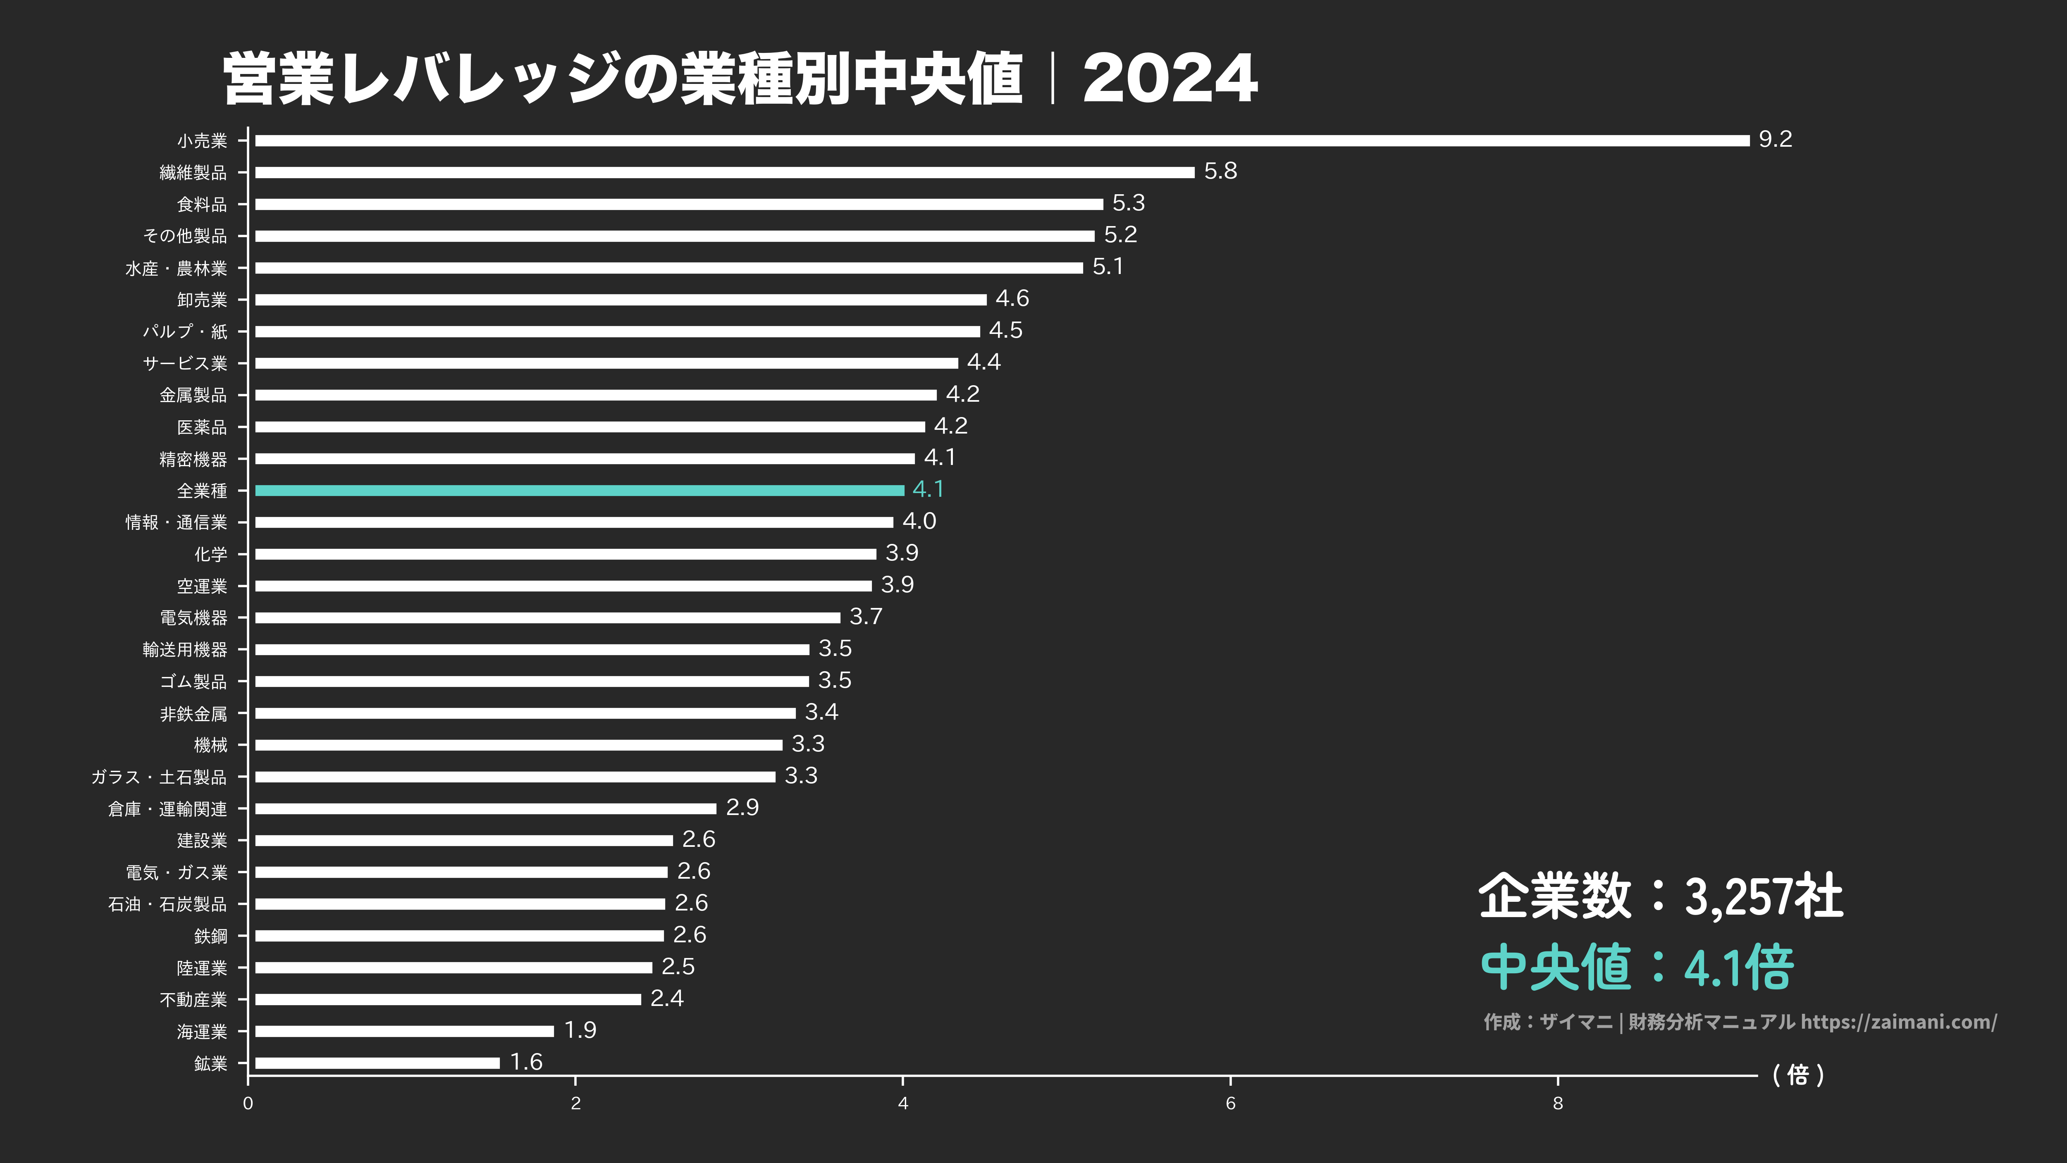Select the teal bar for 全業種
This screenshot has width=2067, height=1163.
click(x=579, y=490)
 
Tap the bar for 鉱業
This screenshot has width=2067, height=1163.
click(x=377, y=1063)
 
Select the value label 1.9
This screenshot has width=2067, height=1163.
click(x=580, y=1030)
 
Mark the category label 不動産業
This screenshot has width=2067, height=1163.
click(x=193, y=999)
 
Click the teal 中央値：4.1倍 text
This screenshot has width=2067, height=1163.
click(x=1637, y=967)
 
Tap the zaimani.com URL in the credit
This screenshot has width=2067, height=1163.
click(x=1898, y=1022)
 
